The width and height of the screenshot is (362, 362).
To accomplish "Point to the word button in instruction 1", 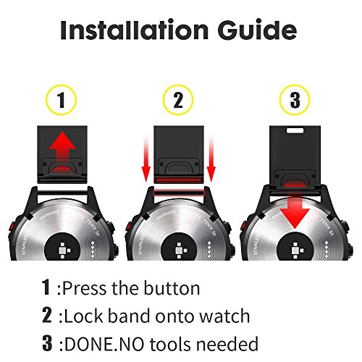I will [168, 288].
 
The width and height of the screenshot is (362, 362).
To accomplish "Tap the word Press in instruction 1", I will [85, 288].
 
